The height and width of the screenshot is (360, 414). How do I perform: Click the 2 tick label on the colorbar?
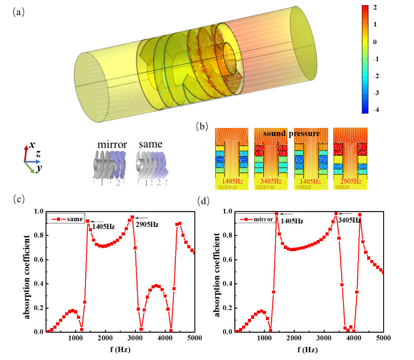coord(375,8)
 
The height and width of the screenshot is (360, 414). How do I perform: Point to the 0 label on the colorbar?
coord(375,42)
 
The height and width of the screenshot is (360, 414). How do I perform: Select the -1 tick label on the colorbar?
coord(376,59)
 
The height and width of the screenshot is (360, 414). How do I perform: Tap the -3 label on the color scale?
coord(376,93)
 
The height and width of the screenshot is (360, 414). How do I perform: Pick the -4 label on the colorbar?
coord(376,110)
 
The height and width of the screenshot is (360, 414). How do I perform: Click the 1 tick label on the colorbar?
coord(375,25)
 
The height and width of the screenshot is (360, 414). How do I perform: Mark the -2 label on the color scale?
coord(376,76)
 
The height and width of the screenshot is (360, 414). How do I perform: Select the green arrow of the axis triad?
coord(31,169)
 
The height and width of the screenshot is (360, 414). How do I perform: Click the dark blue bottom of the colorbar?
coord(365,111)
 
